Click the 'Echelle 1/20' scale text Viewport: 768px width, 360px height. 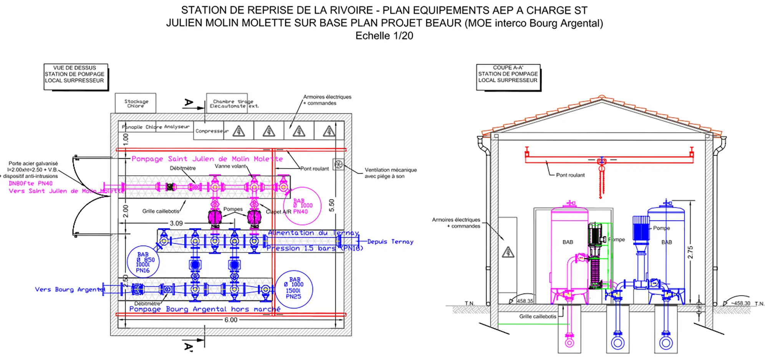pyautogui.click(x=384, y=36)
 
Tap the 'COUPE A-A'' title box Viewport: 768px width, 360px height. pyautogui.click(x=508, y=76)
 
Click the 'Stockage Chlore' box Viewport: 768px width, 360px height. pyautogui.click(x=136, y=103)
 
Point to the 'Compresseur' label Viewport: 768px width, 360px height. pyautogui.click(x=212, y=131)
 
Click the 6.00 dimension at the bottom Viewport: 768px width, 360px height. pyautogui.click(x=231, y=320)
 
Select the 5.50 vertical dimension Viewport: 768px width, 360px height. pyautogui.click(x=332, y=205)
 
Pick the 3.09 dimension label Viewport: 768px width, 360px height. pyautogui.click(x=176, y=223)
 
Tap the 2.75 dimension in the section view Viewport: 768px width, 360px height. pyautogui.click(x=690, y=252)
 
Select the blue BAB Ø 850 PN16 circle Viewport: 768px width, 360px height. pyautogui.click(x=143, y=262)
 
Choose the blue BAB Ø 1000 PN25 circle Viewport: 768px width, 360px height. pyautogui.click(x=294, y=289)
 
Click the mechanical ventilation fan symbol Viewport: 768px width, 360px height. pyautogui.click(x=338, y=164)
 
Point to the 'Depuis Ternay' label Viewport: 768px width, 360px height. pyautogui.click(x=390, y=242)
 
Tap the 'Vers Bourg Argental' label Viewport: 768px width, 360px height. pyautogui.click(x=70, y=289)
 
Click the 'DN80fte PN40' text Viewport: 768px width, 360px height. pyautogui.click(x=31, y=183)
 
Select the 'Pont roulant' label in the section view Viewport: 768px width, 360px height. pyautogui.click(x=570, y=175)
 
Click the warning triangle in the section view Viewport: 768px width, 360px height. pyautogui.click(x=508, y=252)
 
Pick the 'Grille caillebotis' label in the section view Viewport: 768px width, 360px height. pyautogui.click(x=538, y=317)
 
